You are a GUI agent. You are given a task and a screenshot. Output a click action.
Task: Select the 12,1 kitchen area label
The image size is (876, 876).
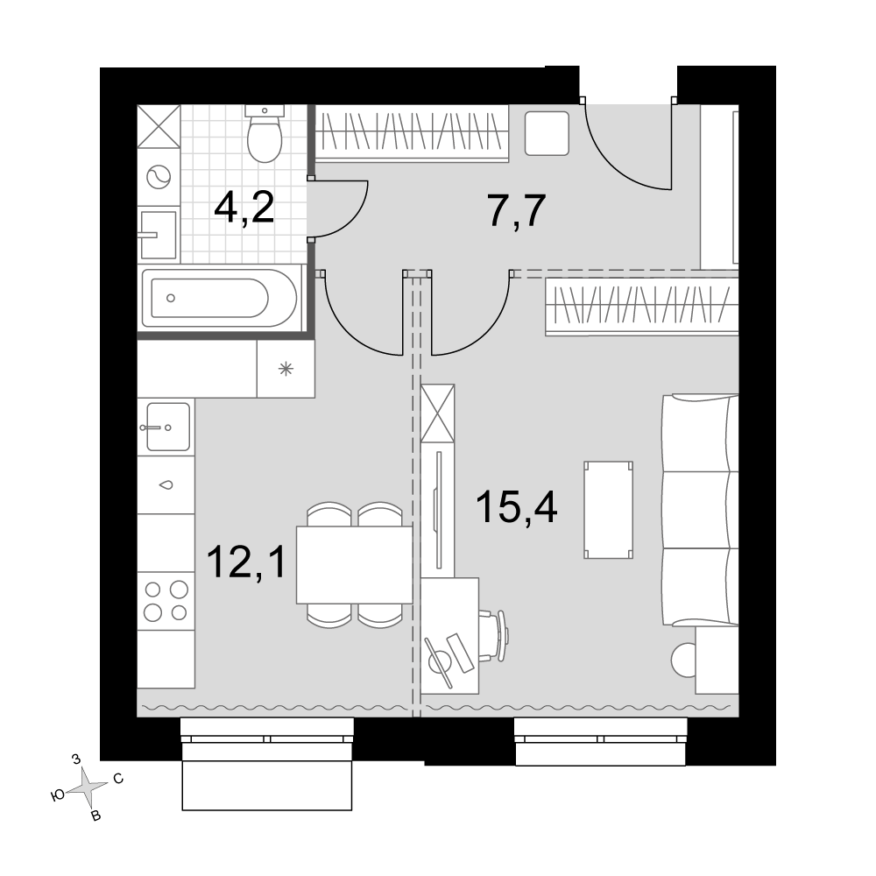tap(246, 562)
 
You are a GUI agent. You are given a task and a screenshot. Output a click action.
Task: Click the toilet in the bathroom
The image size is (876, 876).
tap(265, 134)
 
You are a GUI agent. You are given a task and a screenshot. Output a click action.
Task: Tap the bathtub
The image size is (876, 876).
tap(222, 299)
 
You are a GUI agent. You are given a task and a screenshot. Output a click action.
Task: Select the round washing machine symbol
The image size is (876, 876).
tap(158, 178)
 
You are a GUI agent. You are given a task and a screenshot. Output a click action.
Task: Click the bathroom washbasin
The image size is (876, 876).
tap(158, 235)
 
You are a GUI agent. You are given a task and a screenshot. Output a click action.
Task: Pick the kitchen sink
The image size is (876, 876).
tap(167, 427)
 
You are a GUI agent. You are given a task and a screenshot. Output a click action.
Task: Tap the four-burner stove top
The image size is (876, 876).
tap(166, 601)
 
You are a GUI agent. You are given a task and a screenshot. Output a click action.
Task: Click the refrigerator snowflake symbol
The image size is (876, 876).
tap(286, 369)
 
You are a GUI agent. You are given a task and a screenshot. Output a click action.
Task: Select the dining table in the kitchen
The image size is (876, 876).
tap(354, 565)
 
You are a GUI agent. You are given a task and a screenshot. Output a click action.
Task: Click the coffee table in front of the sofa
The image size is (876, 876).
tap(609, 510)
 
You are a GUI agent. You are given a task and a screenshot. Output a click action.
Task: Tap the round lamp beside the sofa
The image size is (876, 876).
tap(683, 661)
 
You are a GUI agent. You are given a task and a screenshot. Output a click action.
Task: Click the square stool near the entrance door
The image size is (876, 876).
tap(547, 133)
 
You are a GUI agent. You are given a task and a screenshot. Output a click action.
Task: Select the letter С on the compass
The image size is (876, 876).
tap(118, 779)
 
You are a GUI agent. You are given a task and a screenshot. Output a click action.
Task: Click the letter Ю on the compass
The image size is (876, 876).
tap(58, 796)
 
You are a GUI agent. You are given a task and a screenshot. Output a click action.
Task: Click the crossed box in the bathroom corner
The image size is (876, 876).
tap(159, 127)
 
